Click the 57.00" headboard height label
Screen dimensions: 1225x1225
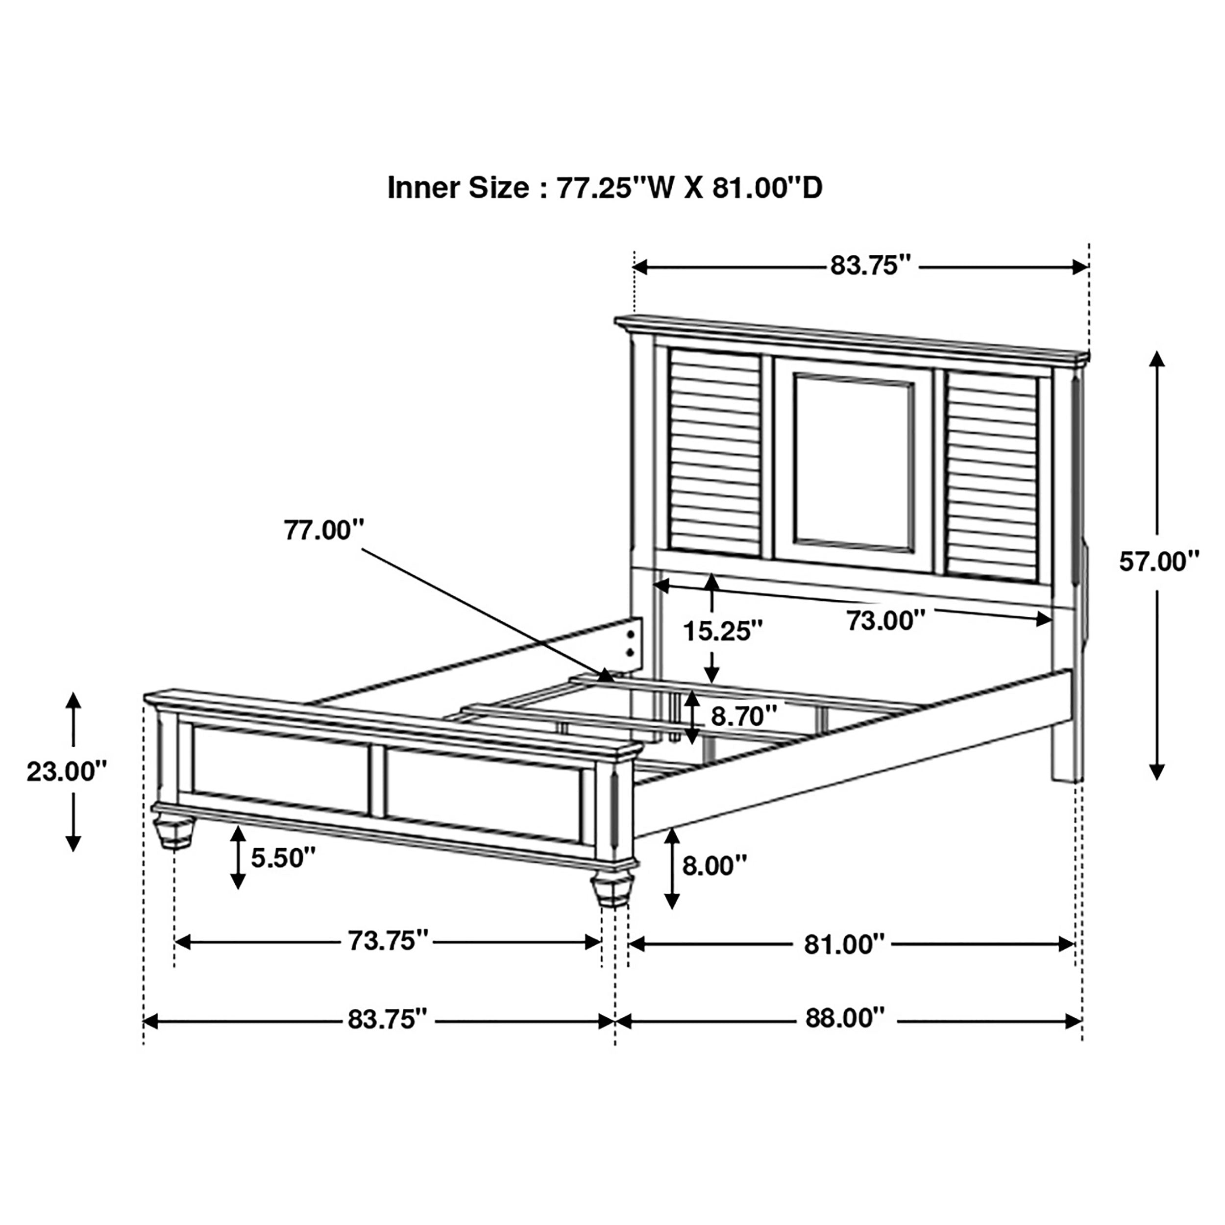(x=1159, y=562)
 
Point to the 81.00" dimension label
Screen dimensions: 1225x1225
(x=843, y=945)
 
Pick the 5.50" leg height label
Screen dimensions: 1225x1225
(x=283, y=858)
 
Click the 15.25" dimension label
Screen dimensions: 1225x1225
(x=722, y=631)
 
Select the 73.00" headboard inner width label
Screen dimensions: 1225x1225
(x=886, y=621)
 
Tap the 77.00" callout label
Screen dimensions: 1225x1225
(x=324, y=530)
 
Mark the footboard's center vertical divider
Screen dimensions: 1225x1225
(x=377, y=781)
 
